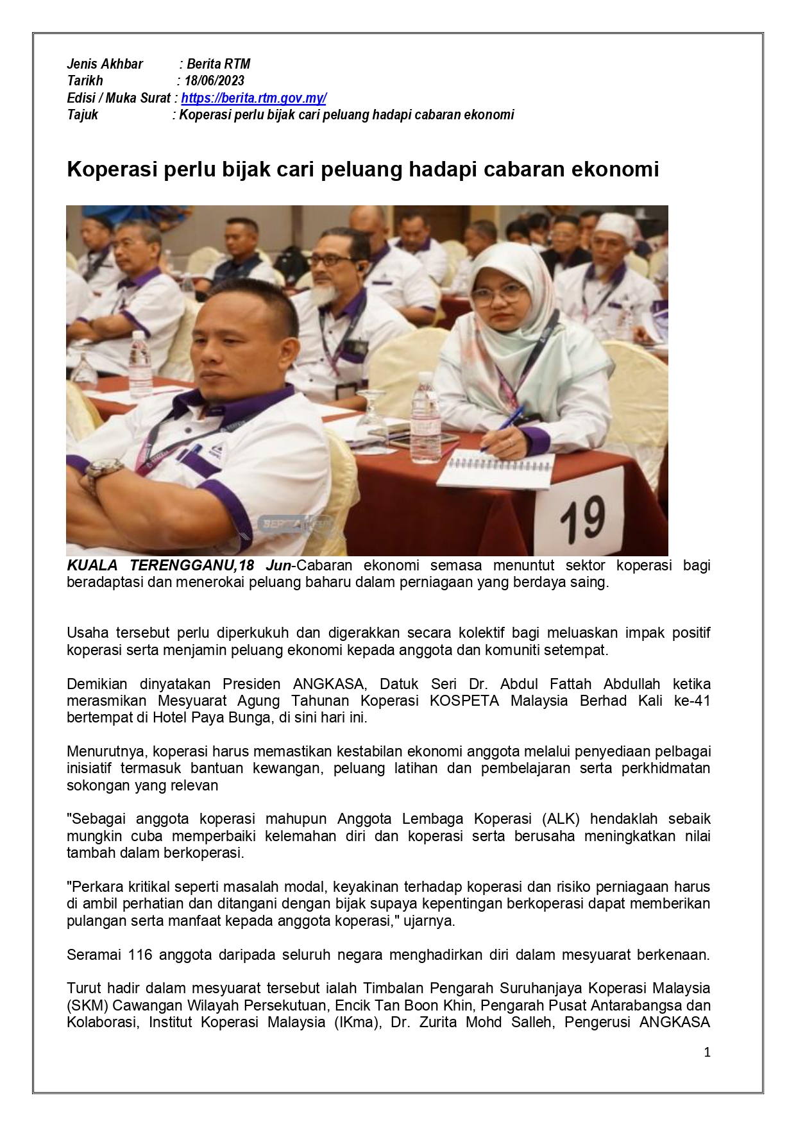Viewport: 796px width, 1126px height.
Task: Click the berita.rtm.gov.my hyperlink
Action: point(253,98)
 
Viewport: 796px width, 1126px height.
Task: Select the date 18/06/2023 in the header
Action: point(214,81)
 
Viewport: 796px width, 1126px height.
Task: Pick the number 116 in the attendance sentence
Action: point(140,955)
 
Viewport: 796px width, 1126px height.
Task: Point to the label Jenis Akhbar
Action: point(105,64)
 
